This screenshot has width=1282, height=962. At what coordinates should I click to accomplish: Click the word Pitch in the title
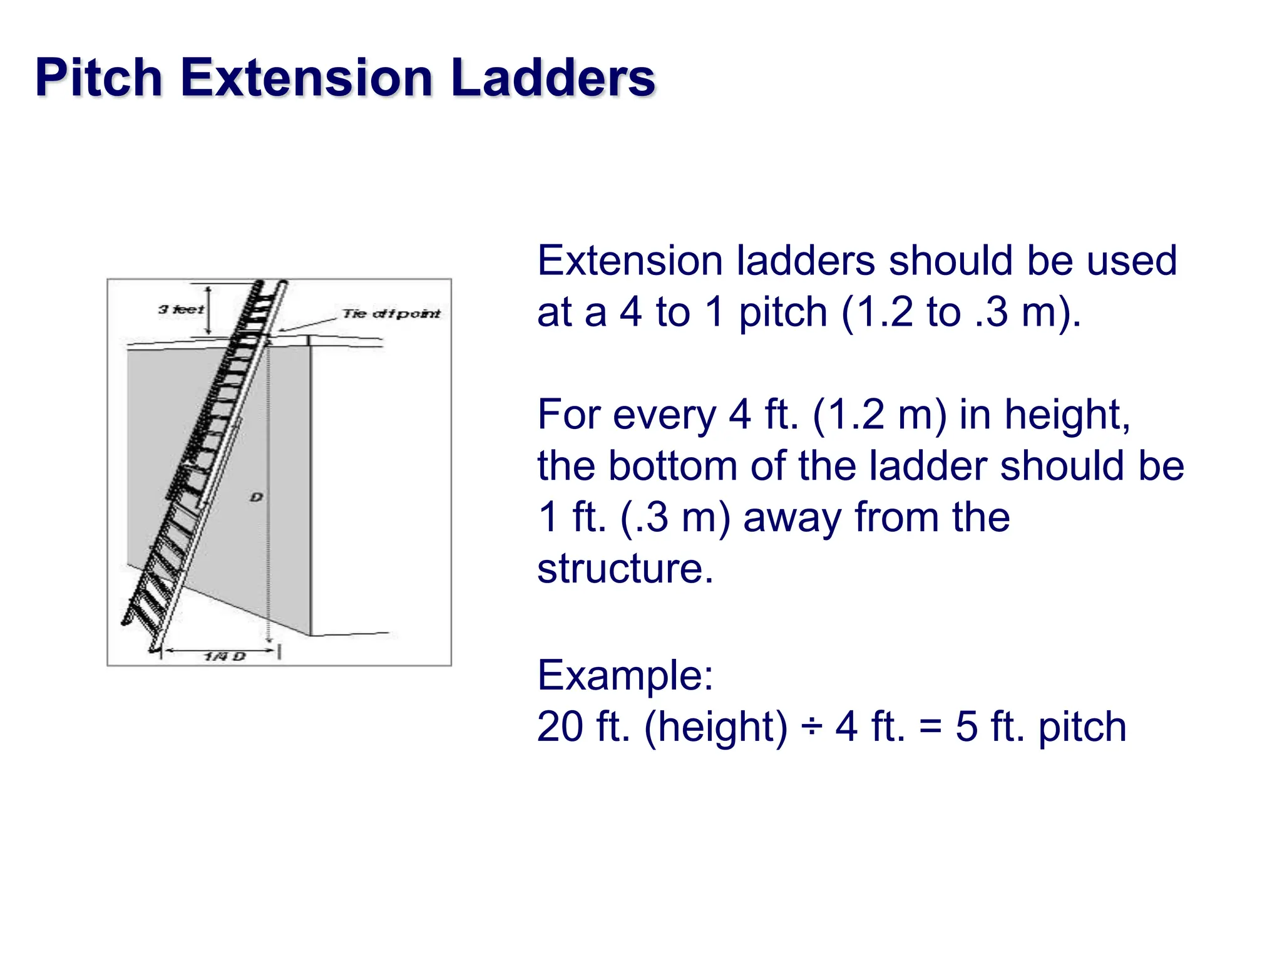click(99, 78)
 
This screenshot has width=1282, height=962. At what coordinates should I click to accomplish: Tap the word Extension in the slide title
click(307, 78)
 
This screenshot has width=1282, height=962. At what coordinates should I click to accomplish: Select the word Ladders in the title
click(552, 78)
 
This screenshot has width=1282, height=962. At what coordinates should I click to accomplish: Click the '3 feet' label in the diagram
click(181, 309)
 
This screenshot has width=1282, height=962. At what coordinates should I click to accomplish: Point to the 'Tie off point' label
click(391, 313)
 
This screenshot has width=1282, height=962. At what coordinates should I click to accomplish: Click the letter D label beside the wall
click(256, 497)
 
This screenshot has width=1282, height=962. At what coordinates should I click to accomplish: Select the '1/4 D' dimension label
click(225, 656)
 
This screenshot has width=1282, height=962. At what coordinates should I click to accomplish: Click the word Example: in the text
click(625, 675)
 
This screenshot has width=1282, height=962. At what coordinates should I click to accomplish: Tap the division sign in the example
click(811, 727)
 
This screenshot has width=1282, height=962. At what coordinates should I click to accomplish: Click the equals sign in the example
click(930, 727)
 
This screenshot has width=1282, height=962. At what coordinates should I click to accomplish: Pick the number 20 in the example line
click(560, 727)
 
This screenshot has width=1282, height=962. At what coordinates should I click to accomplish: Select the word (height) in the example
click(715, 727)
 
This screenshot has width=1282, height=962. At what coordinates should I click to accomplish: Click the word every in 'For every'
click(664, 415)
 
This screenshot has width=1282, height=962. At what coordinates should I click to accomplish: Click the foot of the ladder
click(153, 648)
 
